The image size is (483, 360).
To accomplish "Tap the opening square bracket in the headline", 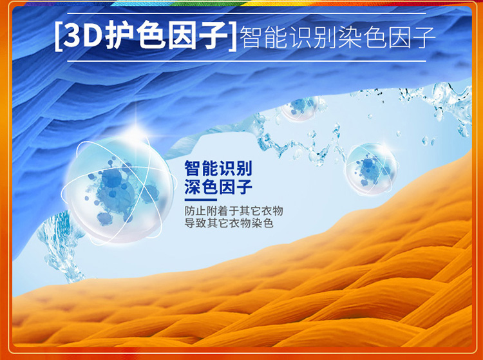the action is [57, 36].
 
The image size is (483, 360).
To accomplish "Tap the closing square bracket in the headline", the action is [233, 36].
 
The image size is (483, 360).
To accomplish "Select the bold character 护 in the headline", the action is [119, 36].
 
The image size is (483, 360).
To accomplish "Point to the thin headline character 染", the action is [349, 37].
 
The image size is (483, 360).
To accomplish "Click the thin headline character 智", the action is [251, 37].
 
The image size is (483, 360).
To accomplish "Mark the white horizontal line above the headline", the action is [247, 14].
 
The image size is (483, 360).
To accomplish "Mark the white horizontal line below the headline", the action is [247, 61].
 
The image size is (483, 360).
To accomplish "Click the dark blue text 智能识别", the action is [218, 168].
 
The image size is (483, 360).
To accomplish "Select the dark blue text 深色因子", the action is [218, 187].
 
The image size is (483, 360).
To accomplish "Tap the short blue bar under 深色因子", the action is [200, 200].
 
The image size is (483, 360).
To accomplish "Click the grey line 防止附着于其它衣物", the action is [234, 211].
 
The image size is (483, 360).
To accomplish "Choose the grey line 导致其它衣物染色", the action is [229, 223].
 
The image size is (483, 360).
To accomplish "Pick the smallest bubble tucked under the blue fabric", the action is [299, 108].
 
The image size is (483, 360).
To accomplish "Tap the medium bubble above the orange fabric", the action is [371, 169].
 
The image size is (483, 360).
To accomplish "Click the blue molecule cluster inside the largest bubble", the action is [118, 191].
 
